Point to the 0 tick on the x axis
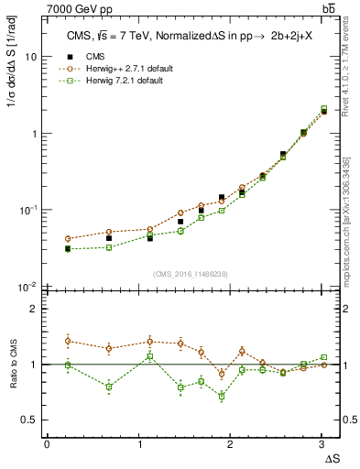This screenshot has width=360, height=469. tap(47, 444)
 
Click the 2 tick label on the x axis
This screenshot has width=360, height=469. tap(230, 444)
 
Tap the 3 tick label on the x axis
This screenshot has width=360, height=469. tap(322, 444)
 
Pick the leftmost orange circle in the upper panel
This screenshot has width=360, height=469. tap(68, 238)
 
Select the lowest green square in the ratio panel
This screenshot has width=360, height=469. tap(222, 396)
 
